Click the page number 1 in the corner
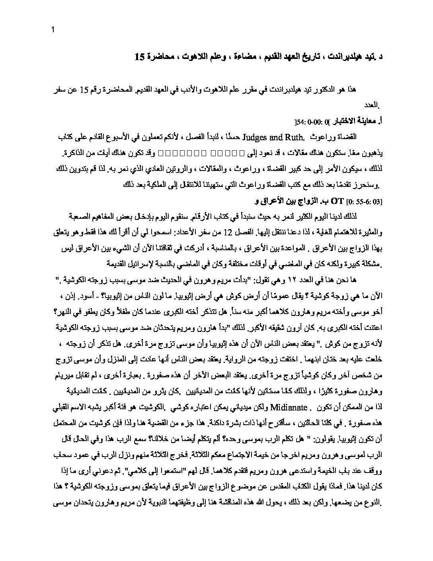click(x=53, y=30)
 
